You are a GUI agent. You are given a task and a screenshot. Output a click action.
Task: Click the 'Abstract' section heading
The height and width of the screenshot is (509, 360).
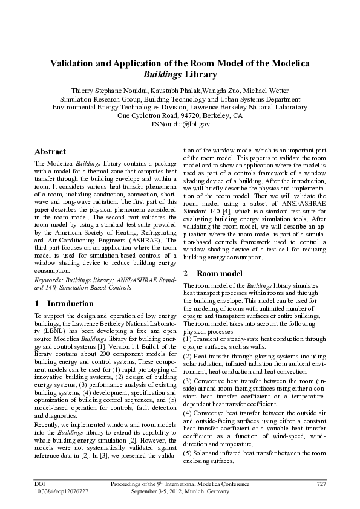[50, 152]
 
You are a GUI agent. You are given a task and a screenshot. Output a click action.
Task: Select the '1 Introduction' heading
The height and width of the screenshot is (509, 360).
[56, 303]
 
